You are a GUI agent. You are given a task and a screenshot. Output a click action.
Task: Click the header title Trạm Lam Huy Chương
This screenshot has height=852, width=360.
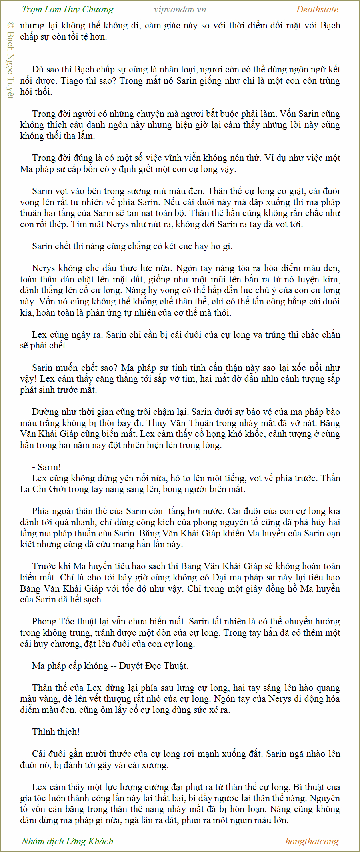click(x=67, y=10)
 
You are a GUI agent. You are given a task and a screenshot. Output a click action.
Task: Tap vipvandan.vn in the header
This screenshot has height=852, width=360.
click(x=180, y=10)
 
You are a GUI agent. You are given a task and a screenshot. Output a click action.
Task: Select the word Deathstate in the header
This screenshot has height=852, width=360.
click(x=317, y=10)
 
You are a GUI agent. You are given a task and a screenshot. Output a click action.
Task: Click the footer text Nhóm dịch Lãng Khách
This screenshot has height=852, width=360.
click(x=67, y=841)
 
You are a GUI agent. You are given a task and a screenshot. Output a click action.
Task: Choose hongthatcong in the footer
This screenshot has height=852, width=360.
click(x=312, y=841)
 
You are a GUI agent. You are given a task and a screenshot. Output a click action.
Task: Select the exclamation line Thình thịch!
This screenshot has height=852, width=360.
click(x=56, y=732)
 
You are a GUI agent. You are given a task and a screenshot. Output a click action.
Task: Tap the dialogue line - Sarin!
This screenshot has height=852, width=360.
click(x=46, y=467)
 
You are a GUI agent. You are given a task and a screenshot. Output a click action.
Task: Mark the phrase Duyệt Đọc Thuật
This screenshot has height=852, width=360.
click(x=154, y=666)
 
